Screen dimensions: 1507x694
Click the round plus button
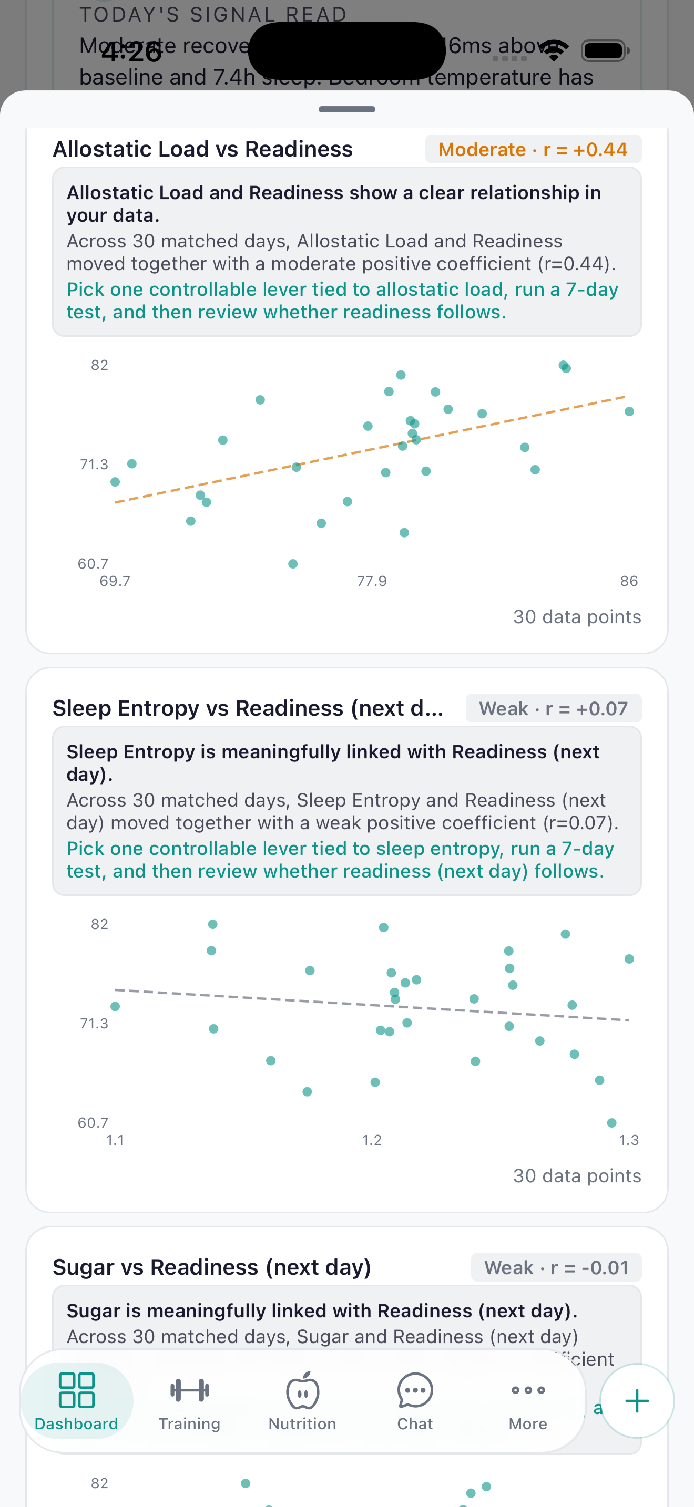pyautogui.click(x=637, y=1400)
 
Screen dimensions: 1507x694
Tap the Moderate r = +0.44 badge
pyautogui.click(x=533, y=150)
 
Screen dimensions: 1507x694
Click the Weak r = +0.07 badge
pyautogui.click(x=553, y=708)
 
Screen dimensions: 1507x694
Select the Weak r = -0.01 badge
pyautogui.click(x=556, y=1267)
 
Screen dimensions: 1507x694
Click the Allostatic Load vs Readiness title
pyautogui.click(x=202, y=149)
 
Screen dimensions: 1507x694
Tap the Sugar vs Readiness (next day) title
pyautogui.click(x=212, y=1267)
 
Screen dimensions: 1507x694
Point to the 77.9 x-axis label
pyautogui.click(x=372, y=581)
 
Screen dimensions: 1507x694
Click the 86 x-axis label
pyautogui.click(x=629, y=581)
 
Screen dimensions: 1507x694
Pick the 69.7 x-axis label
pyautogui.click(x=115, y=581)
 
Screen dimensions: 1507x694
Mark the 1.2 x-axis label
pyautogui.click(x=372, y=1140)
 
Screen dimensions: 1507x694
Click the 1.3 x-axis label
pyautogui.click(x=629, y=1140)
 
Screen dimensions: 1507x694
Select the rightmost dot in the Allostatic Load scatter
pyautogui.click(x=629, y=412)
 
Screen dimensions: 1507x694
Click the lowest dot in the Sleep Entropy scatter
pyautogui.click(x=611, y=1123)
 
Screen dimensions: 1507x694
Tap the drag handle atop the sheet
pyautogui.click(x=347, y=109)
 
